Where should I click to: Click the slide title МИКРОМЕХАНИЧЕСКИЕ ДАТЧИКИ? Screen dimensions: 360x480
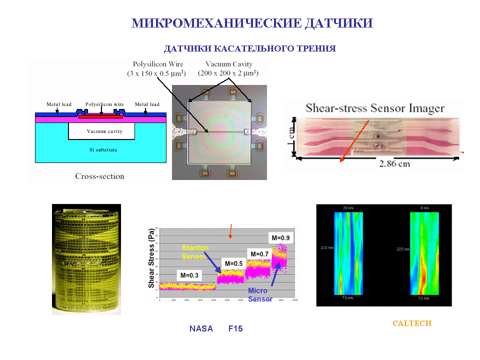pyautogui.click(x=252, y=23)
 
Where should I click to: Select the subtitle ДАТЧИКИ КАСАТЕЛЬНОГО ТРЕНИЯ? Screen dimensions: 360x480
pyautogui.click(x=249, y=48)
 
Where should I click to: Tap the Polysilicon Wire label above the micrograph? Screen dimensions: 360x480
pyautogui.click(x=157, y=69)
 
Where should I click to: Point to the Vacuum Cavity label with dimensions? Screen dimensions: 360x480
pyautogui.click(x=228, y=69)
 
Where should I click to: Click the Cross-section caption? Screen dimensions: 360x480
pyautogui.click(x=99, y=176)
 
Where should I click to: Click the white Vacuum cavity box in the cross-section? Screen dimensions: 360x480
pyautogui.click(x=101, y=131)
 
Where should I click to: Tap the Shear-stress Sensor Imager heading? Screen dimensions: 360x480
pyautogui.click(x=374, y=108)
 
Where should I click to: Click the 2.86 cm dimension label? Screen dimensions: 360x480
pyautogui.click(x=394, y=164)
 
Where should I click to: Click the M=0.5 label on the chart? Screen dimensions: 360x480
pyautogui.click(x=233, y=263)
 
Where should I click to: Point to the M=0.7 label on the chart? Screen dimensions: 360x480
pyautogui.click(x=259, y=254)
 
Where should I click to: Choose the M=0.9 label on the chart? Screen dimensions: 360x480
pyautogui.click(x=280, y=237)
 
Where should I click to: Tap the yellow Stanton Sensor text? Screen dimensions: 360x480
pyautogui.click(x=195, y=252)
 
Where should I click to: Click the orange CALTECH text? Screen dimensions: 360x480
pyautogui.click(x=411, y=323)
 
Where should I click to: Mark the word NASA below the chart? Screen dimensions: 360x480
pyautogui.click(x=201, y=328)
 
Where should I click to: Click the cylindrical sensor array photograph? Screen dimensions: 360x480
pyautogui.click(x=86, y=259)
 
